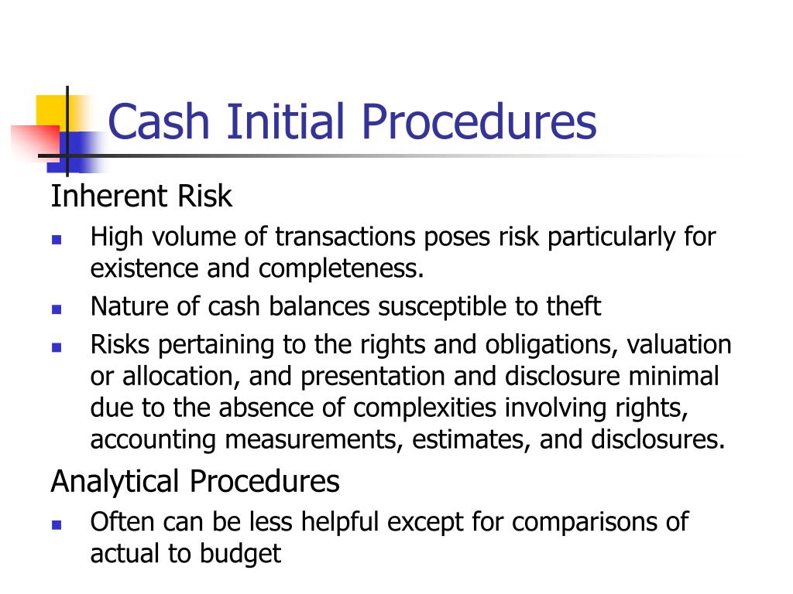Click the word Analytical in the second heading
(117, 481)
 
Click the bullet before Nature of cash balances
(57, 309)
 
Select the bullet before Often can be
(57, 524)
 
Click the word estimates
(471, 439)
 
